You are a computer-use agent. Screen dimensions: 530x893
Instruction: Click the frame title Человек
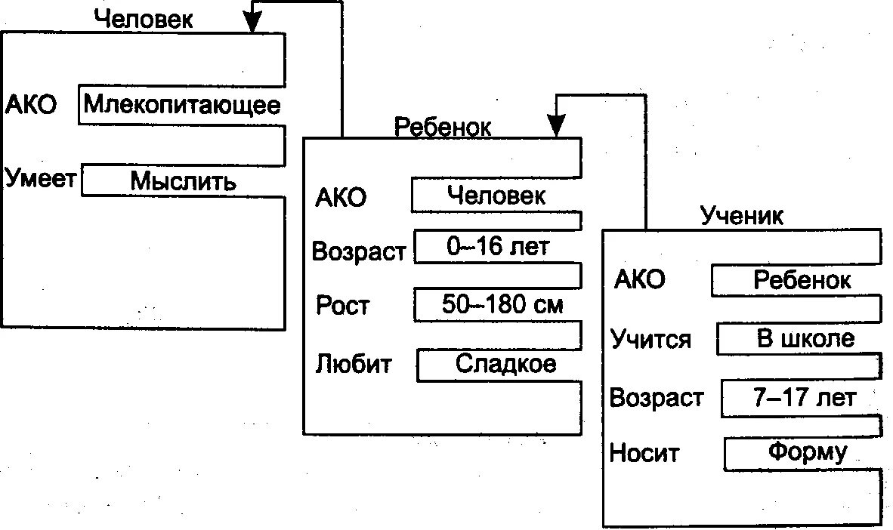point(144,19)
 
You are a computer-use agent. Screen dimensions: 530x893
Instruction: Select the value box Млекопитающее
point(181,105)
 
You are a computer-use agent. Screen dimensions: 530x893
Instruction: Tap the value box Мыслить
point(183,181)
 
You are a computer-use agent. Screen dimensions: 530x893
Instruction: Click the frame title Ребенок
point(443,126)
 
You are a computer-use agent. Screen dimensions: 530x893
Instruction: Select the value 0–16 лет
point(498,248)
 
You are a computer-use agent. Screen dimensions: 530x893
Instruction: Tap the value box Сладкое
point(505,365)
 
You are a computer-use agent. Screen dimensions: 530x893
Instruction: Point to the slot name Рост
point(343,306)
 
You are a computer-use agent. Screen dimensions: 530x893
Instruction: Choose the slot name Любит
point(354,365)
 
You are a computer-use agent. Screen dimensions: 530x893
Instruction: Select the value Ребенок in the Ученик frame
point(802,281)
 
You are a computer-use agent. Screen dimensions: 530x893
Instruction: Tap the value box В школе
point(805,338)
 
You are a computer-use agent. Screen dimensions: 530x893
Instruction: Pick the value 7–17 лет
point(804,398)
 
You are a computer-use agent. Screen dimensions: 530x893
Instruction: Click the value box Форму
point(807,453)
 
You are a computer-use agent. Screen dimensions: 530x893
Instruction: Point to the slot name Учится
point(650,340)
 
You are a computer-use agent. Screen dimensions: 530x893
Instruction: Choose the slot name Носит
point(644,454)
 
